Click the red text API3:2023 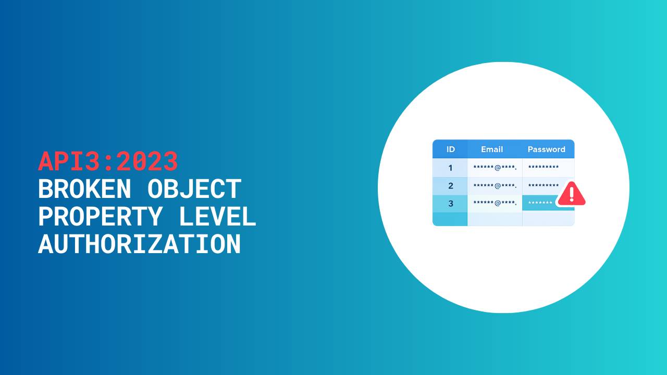(108, 161)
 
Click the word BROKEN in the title (84, 189)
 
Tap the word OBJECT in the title (194, 189)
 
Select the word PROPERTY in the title (101, 216)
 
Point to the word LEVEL (217, 216)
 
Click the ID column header (451, 149)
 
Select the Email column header (492, 149)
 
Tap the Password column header (547, 149)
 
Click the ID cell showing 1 (450, 168)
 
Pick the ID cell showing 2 (450, 186)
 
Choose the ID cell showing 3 (450, 204)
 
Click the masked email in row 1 (495, 168)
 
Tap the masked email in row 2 (495, 186)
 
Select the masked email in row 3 (495, 203)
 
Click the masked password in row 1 (544, 167)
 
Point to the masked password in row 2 (544, 185)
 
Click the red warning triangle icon (572, 194)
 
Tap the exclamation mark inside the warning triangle (572, 194)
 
